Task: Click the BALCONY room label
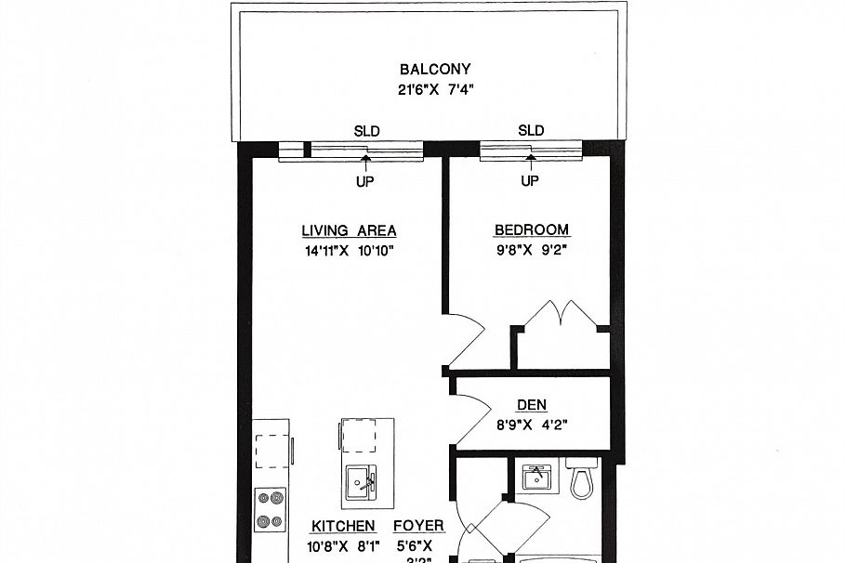point(434,69)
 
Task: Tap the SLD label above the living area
point(366,131)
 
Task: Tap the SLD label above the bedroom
point(531,131)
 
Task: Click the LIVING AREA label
point(349,230)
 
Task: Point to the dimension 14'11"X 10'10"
point(350,251)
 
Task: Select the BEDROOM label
point(531,230)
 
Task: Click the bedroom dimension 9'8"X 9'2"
point(531,251)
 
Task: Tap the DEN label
point(532,404)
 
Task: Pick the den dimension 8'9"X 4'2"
point(532,425)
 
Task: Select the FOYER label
point(420,526)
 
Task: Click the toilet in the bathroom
point(581,479)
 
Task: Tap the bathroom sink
point(535,478)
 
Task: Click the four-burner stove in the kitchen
point(270,510)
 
